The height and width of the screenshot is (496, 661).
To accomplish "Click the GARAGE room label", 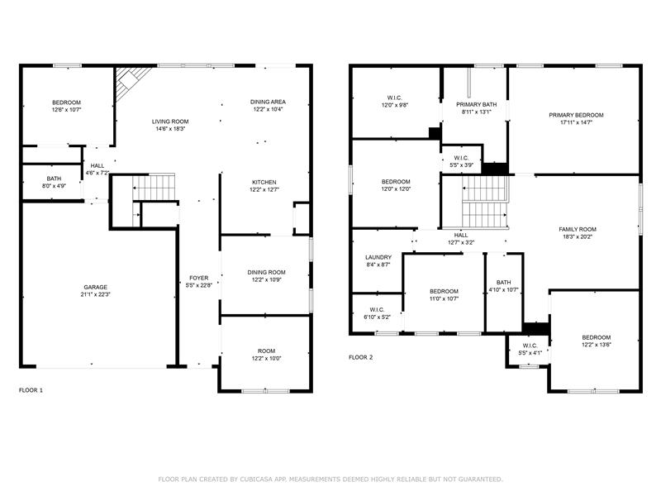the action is click(95, 287).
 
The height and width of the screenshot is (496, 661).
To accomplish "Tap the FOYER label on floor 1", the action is click(198, 278).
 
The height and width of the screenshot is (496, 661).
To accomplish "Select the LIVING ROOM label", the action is click(170, 122).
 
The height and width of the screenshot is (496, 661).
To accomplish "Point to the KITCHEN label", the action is click(264, 182).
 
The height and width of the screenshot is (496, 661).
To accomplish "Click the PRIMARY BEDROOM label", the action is click(576, 115).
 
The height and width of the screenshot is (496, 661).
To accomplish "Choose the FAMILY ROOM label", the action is click(578, 229).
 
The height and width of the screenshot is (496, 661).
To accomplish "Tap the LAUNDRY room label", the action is click(378, 257).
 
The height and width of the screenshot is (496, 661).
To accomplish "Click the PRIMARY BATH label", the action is click(477, 104).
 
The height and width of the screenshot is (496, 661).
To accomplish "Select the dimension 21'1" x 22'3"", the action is click(95, 294).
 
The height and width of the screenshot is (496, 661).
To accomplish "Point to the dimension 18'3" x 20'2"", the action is click(578, 236).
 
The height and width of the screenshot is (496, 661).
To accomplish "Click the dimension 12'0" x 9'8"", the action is click(395, 105).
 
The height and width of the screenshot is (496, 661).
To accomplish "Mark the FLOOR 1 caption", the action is click(31, 390).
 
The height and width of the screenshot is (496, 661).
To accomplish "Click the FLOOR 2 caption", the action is click(361, 357).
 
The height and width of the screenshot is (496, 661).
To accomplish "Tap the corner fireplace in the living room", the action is click(130, 83).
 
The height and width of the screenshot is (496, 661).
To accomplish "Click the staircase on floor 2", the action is click(485, 202).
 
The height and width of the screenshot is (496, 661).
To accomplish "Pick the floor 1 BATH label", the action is click(54, 179).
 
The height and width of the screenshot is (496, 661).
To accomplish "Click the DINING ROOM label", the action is click(266, 272).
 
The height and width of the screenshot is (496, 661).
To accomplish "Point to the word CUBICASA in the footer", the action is click(258, 479).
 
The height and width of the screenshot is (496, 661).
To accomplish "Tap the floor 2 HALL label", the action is click(461, 235).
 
